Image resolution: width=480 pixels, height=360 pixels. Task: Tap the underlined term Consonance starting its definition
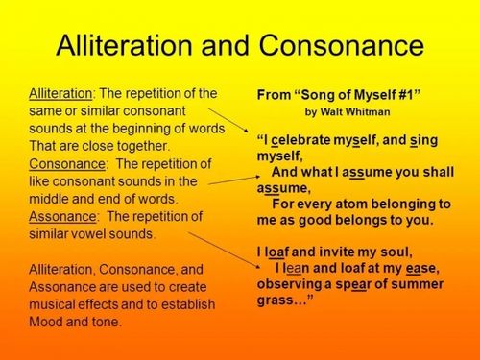point(66,164)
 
